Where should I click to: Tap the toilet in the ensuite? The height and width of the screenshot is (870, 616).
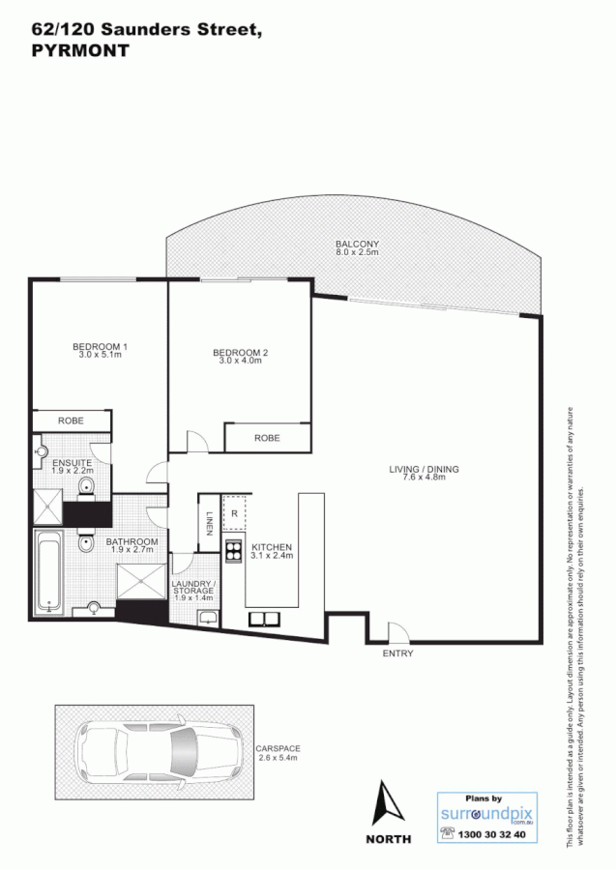click(85, 486)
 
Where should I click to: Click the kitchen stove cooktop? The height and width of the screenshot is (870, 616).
click(234, 553)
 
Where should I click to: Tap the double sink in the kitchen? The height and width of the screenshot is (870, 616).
click(263, 619)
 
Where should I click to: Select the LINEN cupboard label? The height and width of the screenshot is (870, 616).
click(208, 524)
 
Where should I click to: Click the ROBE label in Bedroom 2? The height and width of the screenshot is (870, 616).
click(267, 438)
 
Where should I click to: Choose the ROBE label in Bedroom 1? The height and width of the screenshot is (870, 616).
click(72, 421)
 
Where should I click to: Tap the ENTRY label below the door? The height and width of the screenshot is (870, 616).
click(397, 654)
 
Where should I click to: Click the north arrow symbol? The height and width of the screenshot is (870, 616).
click(387, 802)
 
